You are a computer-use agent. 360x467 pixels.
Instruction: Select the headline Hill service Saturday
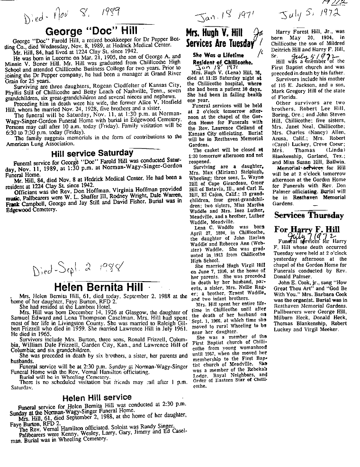[x=92, y=153]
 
